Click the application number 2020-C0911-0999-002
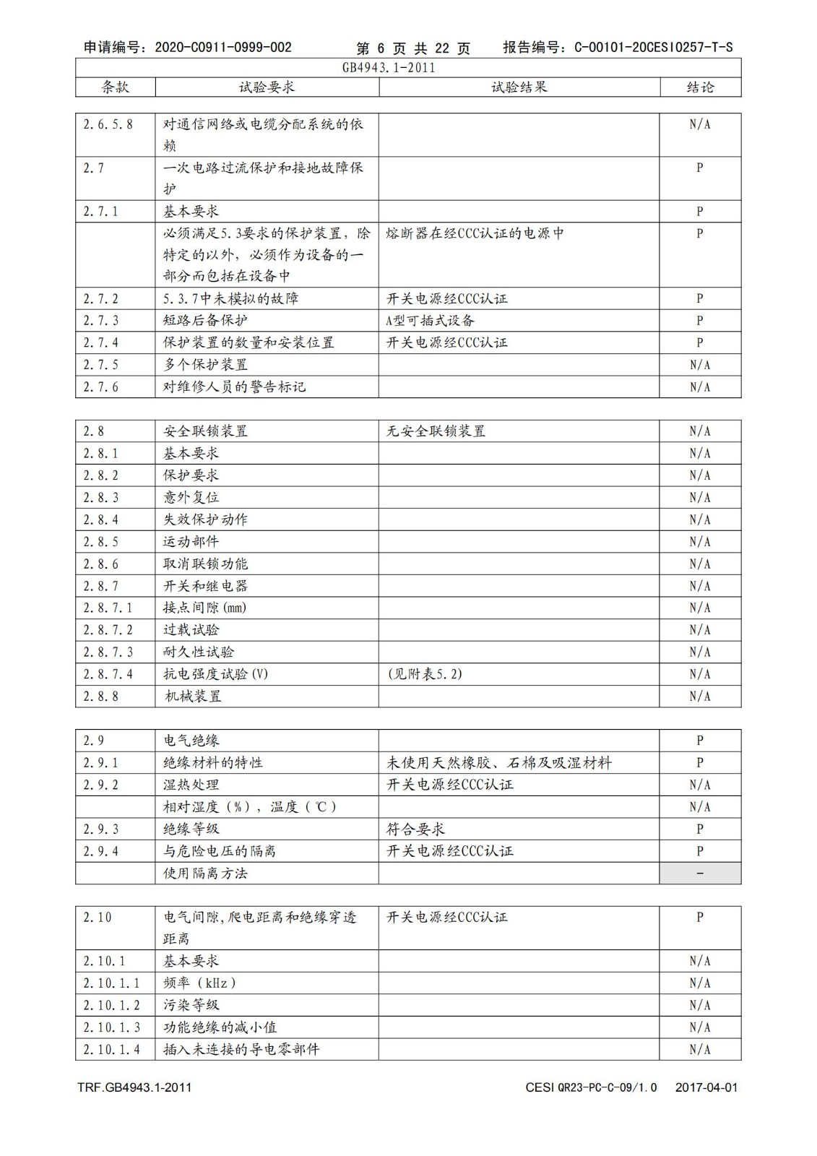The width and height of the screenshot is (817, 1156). [223, 48]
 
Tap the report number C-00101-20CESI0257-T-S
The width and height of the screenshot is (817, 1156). [653, 48]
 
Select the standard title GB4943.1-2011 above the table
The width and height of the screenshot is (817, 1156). [389, 68]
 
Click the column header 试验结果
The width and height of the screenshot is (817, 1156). [519, 87]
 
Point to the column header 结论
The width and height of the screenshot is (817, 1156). [700, 87]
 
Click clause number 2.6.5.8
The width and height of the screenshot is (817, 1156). [108, 124]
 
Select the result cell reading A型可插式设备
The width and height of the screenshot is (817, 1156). [431, 321]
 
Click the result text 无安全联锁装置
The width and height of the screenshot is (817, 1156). [436, 431]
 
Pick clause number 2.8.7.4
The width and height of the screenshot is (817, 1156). [108, 674]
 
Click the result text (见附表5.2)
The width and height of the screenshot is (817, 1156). [425, 674]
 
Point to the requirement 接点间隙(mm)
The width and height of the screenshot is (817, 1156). [205, 608]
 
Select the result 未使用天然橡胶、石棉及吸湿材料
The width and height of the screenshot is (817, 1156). [499, 763]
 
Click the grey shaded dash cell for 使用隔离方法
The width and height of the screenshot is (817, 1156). [699, 874]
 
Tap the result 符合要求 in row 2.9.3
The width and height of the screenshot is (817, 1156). [415, 829]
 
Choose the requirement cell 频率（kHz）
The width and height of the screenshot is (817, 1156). [199, 983]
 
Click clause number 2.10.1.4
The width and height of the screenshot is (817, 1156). [112, 1050]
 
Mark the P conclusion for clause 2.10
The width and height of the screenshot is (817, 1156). [699, 918]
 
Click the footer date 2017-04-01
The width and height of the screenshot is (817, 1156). [706, 1087]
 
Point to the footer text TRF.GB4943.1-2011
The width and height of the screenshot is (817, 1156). [134, 1087]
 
